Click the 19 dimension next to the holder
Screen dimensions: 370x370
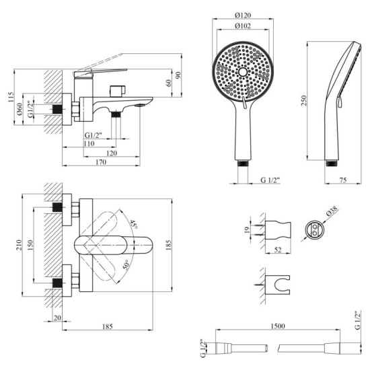click(x=248, y=229)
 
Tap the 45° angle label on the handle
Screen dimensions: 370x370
click(x=135, y=225)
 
